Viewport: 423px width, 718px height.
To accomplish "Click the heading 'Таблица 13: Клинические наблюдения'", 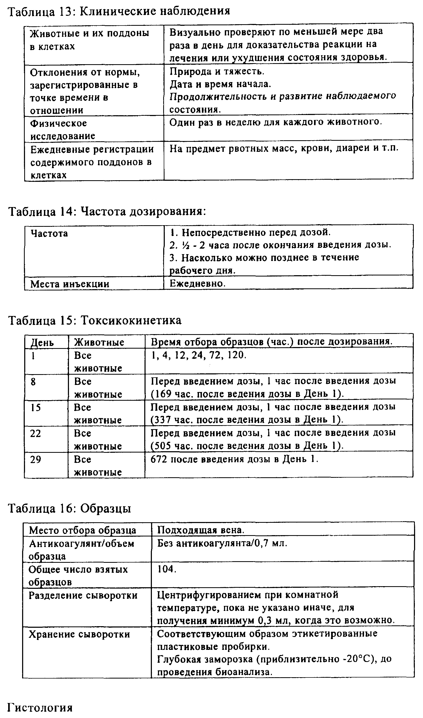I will (118, 11).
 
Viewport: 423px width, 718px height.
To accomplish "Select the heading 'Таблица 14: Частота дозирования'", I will (107, 212).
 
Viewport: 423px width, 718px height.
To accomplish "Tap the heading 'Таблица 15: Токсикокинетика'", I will (95, 320).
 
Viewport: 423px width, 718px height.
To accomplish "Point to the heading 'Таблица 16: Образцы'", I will (69, 509).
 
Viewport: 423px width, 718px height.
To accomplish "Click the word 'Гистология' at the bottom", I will (40, 707).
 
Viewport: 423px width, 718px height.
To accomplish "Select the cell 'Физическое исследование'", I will (63, 129).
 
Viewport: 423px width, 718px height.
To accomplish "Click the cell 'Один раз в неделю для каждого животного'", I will (275, 122).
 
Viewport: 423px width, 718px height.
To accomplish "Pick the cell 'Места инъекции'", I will (70, 284).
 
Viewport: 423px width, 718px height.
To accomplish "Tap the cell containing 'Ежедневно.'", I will (197, 283).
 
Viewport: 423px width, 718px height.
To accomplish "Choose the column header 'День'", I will (42, 342).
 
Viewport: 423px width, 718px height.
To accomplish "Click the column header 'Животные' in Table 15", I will (99, 342).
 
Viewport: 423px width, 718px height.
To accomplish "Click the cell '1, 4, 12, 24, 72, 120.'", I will (198, 355).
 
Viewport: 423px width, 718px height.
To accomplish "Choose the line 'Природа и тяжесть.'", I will (217, 71).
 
